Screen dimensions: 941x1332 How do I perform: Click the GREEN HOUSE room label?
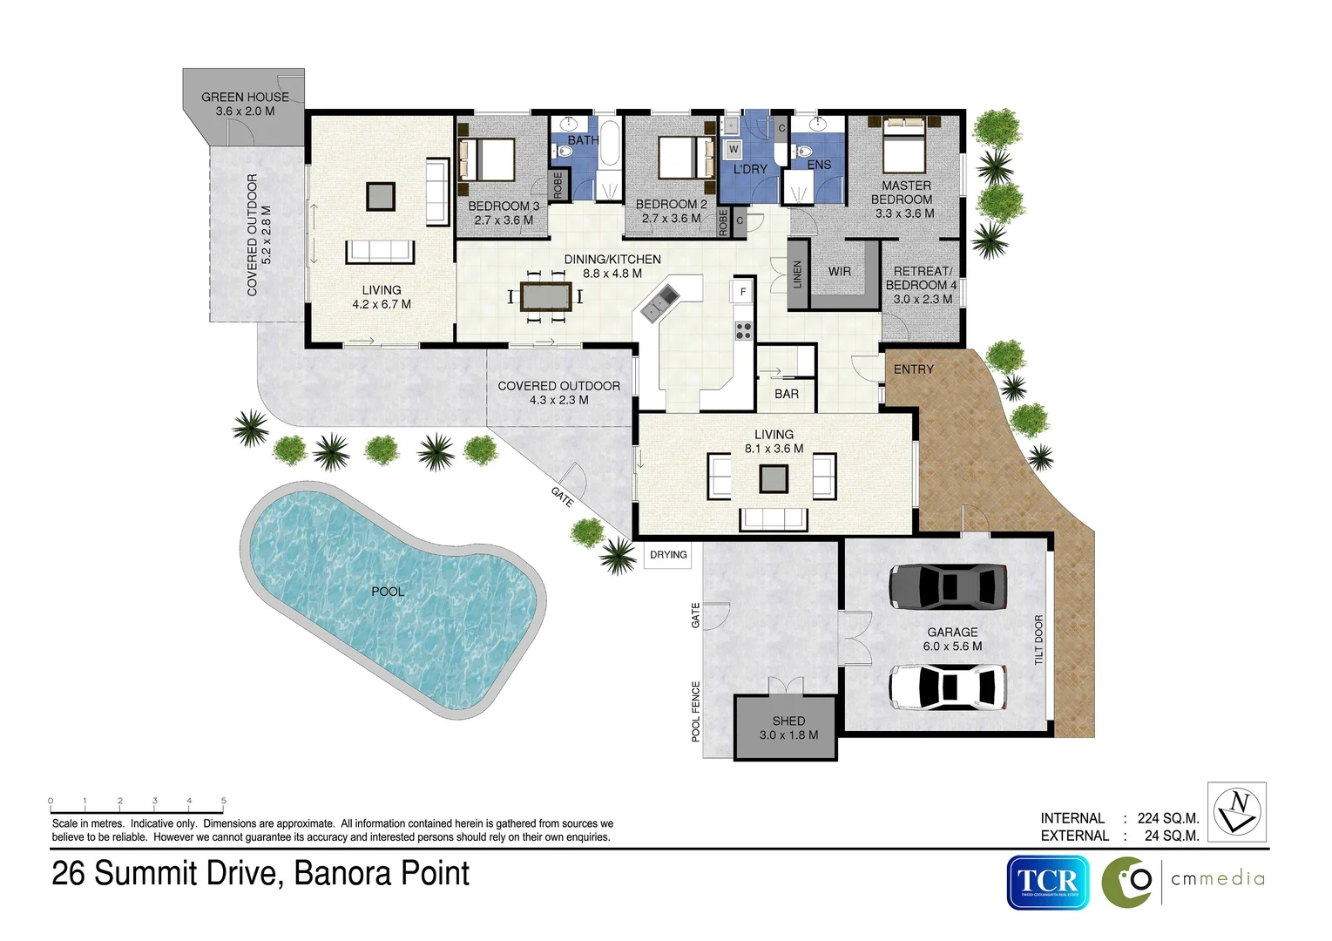point(245,98)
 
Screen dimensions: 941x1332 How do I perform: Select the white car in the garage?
point(947,686)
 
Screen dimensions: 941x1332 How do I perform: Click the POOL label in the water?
point(388,592)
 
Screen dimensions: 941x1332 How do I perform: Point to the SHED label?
point(788,721)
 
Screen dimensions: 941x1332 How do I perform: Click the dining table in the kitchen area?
point(545,296)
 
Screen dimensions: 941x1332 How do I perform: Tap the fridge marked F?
point(743,292)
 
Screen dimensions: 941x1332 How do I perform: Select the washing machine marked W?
point(734,149)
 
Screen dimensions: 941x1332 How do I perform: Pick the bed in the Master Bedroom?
point(903,148)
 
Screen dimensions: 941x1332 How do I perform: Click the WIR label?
point(840,272)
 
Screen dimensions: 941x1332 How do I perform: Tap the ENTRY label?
point(913,369)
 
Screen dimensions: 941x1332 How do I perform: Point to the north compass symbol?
point(1238,811)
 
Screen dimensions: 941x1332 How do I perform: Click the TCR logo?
point(1048,883)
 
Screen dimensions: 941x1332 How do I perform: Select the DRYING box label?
point(668,555)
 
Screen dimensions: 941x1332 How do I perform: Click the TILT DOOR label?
point(1038,640)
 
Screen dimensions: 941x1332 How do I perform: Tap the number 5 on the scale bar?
point(224,801)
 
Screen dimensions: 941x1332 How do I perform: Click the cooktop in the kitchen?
point(743,330)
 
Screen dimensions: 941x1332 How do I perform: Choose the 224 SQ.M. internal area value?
point(1167,818)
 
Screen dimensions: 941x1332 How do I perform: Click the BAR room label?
point(787,394)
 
